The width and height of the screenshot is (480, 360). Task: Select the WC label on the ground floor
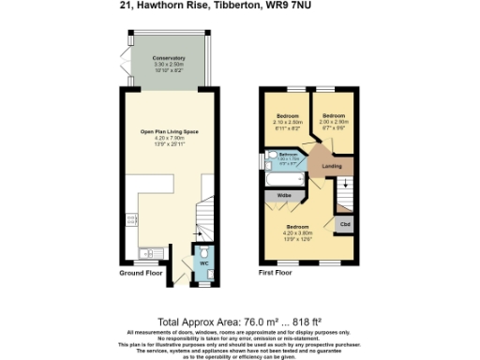click(x=201, y=263)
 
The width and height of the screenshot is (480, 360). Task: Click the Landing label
click(x=331, y=167)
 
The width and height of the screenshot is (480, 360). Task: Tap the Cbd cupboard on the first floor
click(x=344, y=225)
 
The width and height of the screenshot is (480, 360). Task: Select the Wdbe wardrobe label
click(x=282, y=195)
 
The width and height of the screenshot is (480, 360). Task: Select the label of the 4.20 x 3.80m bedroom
click(x=299, y=228)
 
